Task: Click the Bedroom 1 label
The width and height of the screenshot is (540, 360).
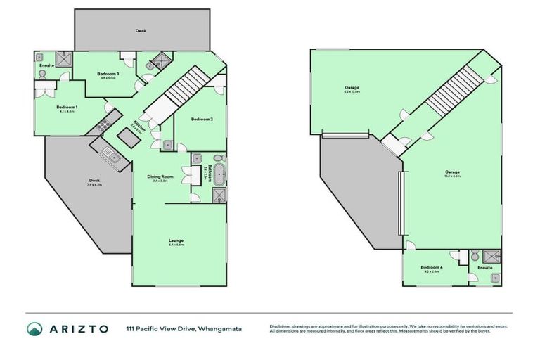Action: pos(67,107)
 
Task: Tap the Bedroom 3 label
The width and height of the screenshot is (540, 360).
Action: pos(108,74)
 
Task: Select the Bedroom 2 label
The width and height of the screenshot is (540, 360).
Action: pos(202,119)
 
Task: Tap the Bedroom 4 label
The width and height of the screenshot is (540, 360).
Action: pos(431,268)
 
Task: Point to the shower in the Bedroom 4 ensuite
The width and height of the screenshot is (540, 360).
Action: pos(494,256)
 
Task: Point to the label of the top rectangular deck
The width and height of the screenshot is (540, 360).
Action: pos(141,30)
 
